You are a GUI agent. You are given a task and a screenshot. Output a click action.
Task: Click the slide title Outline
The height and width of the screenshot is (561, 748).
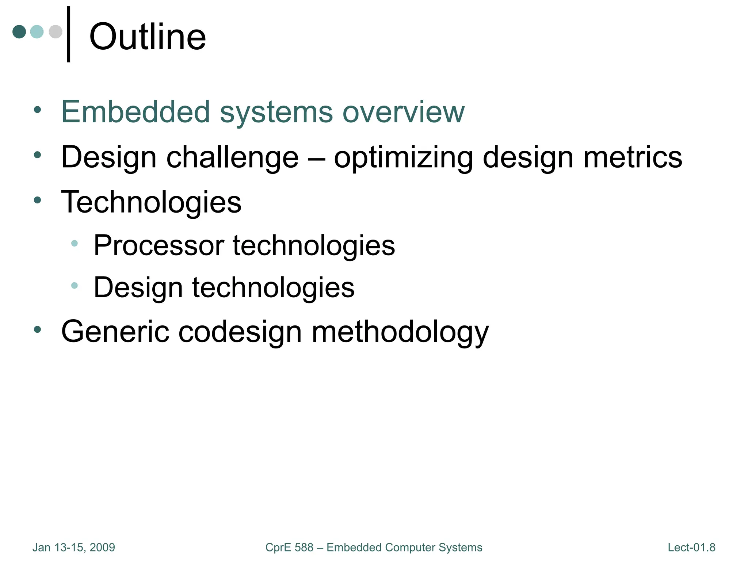(x=148, y=37)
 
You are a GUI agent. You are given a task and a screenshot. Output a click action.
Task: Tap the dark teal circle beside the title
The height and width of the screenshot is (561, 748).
(x=19, y=31)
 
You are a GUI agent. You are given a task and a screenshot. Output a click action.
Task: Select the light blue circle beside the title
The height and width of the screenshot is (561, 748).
(x=37, y=31)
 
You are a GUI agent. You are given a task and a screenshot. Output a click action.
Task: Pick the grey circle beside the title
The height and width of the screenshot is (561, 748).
(x=55, y=31)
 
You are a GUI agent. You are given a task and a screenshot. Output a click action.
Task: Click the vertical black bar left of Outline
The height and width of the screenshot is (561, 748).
(x=68, y=34)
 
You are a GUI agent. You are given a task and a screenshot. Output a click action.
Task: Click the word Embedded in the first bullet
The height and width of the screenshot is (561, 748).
(x=136, y=112)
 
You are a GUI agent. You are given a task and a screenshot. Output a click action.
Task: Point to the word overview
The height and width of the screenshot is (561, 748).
(x=404, y=112)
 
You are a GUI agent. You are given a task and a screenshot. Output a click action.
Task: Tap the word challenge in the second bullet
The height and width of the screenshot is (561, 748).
(x=232, y=157)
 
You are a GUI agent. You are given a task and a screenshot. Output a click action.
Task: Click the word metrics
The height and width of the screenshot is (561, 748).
(x=633, y=157)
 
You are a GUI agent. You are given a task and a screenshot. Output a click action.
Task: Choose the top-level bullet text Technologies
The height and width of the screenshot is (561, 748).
(x=151, y=202)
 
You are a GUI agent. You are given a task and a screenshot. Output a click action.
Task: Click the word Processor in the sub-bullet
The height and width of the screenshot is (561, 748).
(x=159, y=245)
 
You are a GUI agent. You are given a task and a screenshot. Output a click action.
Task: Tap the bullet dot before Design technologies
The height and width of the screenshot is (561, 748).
(x=75, y=286)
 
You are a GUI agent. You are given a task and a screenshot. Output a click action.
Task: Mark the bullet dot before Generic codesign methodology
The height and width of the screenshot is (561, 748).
(x=37, y=329)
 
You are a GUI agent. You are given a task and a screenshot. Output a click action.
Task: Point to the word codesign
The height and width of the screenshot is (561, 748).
(x=240, y=332)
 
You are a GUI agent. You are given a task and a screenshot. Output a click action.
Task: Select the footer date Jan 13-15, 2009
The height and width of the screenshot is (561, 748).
(x=74, y=547)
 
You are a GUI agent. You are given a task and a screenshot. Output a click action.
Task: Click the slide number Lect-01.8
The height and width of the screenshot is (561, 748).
(x=691, y=547)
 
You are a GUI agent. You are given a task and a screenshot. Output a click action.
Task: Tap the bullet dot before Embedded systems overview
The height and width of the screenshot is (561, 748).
(x=37, y=110)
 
